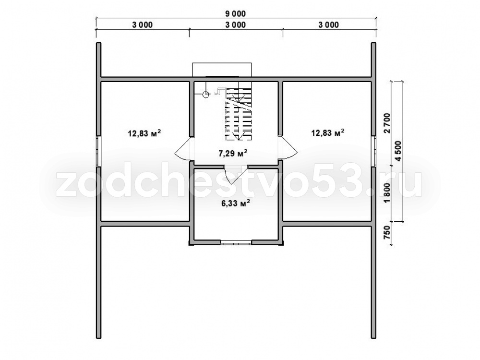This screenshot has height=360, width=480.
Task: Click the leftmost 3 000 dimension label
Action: [x=143, y=25]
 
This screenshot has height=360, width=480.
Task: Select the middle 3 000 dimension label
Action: [x=236, y=25]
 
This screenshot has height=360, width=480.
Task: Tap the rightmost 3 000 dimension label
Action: [x=329, y=25]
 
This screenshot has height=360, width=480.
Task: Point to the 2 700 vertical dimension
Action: [x=387, y=123]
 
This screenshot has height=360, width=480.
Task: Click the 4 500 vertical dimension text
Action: [x=398, y=151]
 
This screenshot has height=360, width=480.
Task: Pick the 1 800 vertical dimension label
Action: [x=387, y=193]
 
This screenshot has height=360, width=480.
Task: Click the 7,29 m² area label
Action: [x=233, y=153]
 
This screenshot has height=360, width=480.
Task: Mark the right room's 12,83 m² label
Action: [x=328, y=133]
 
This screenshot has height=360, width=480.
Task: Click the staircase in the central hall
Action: [x=239, y=114]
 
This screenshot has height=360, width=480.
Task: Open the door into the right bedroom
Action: [x=287, y=148]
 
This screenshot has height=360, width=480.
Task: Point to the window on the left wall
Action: [x=98, y=151]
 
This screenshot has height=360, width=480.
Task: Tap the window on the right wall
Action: [x=373, y=151]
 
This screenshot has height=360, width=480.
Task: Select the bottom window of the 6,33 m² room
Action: [x=236, y=242]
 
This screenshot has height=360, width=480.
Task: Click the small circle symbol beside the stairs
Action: [x=206, y=94]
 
